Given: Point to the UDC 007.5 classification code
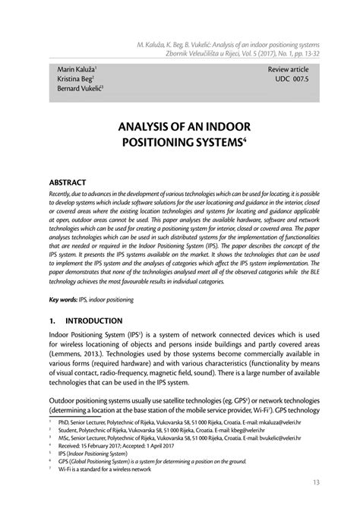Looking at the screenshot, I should click(x=293, y=79).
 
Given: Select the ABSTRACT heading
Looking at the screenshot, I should click(x=68, y=183).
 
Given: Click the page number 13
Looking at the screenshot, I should click(x=315, y=485).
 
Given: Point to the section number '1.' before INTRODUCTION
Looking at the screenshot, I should click(x=52, y=321).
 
